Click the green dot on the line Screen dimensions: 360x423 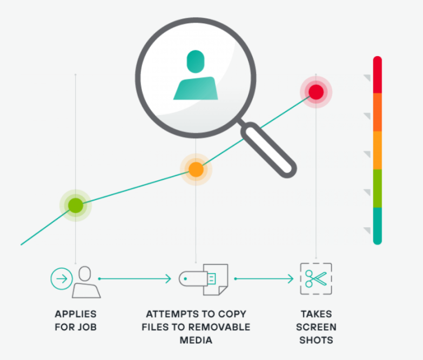[76, 205]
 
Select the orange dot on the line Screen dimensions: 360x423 [196, 169]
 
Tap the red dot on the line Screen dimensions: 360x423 [316, 92]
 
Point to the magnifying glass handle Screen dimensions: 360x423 [268, 150]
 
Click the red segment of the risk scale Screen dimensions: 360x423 [378, 75]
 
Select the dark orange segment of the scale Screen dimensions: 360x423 [378, 112]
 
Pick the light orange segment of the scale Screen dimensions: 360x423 [378, 150]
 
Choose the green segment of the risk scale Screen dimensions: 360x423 [378, 188]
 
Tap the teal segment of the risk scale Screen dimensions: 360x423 [378, 226]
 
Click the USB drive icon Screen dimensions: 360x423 [204, 279]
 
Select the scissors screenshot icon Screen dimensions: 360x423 [316, 279]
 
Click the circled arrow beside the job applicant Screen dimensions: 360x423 [61, 279]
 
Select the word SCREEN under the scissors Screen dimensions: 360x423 [317, 327]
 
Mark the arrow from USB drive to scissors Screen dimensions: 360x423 [264, 279]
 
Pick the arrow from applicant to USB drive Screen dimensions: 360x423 [135, 279]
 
